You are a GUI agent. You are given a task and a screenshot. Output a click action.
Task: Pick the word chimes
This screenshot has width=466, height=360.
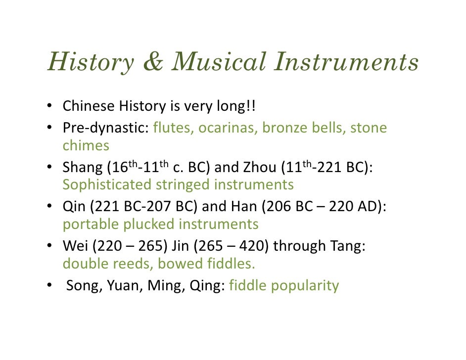(x=86, y=145)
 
